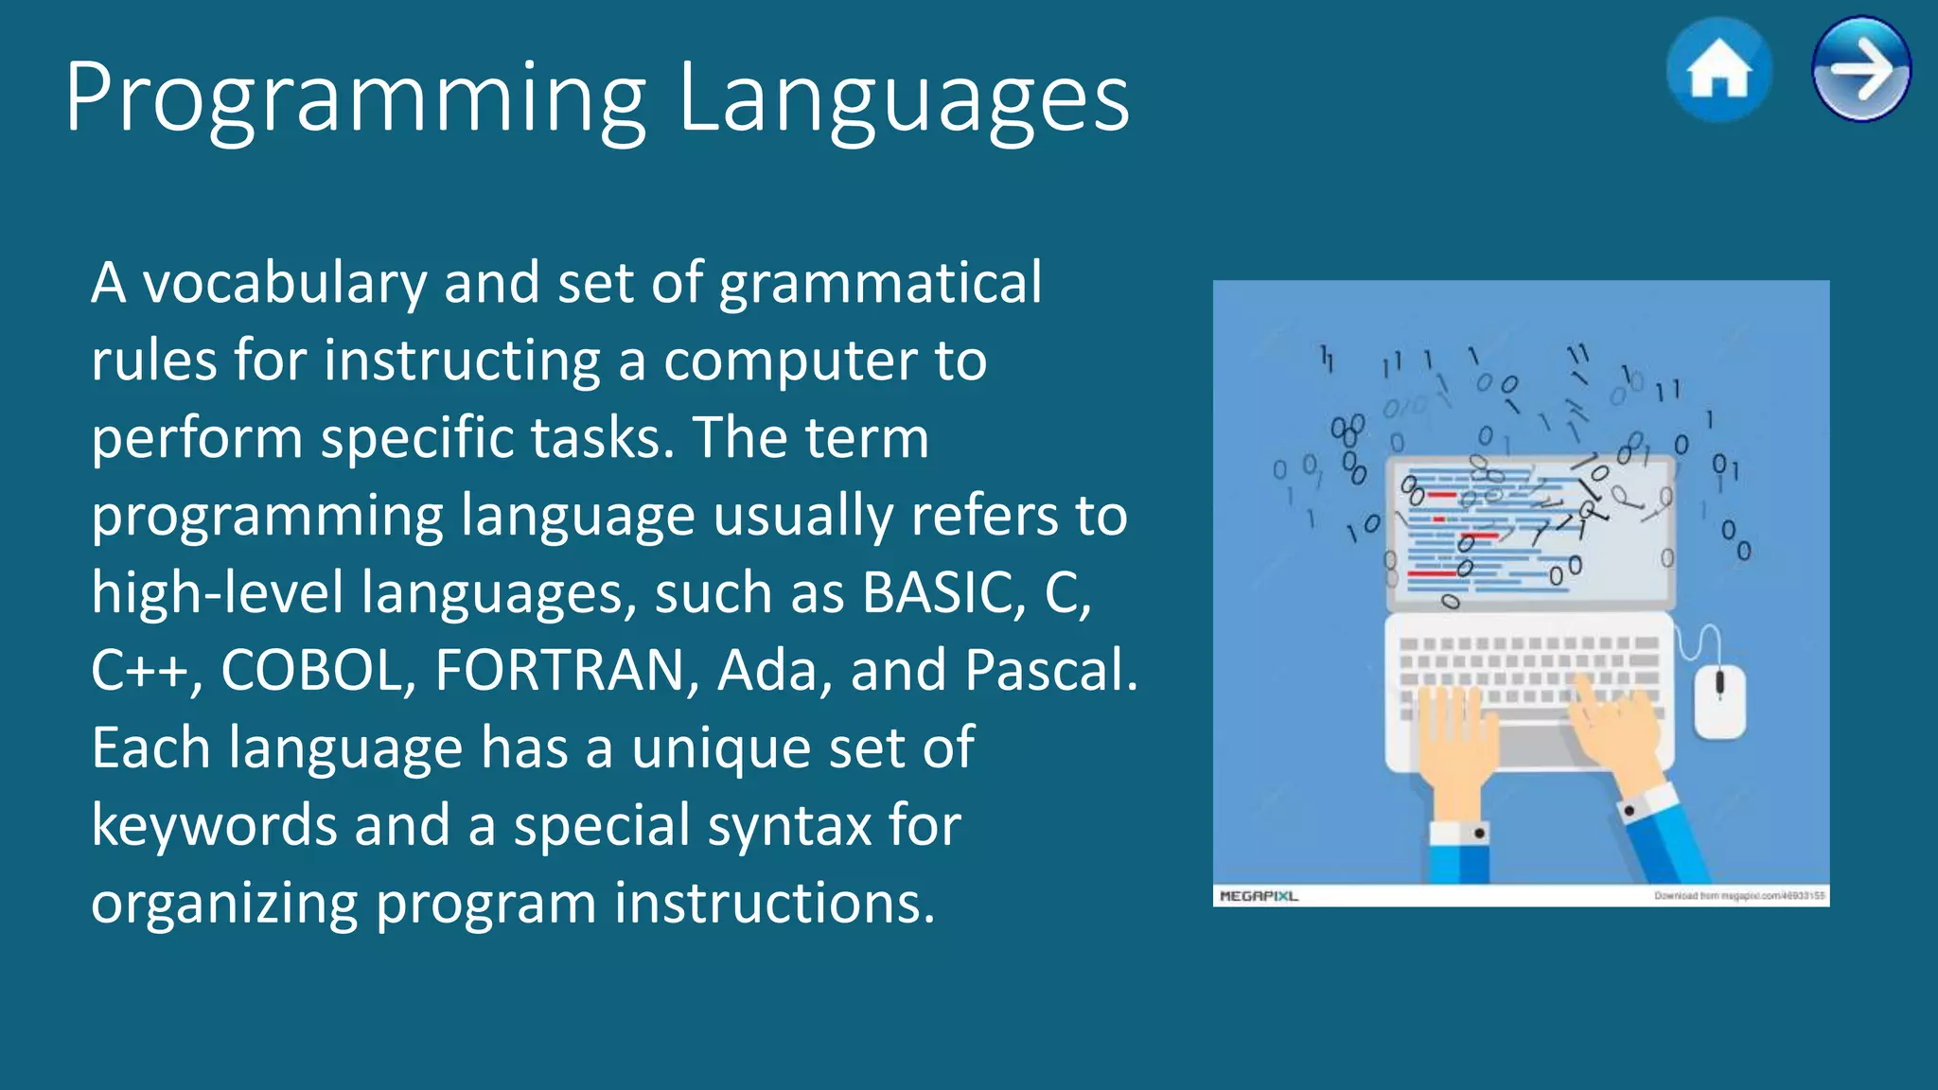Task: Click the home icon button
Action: tap(1718, 70)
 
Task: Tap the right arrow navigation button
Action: tap(1860, 69)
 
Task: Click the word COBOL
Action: tap(318, 671)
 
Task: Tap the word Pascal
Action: tap(1050, 671)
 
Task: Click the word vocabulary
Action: tap(285, 284)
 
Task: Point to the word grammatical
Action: tap(880, 284)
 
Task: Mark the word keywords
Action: tap(214, 825)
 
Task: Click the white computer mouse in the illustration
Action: tap(1719, 700)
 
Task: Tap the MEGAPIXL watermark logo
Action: tap(1259, 895)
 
